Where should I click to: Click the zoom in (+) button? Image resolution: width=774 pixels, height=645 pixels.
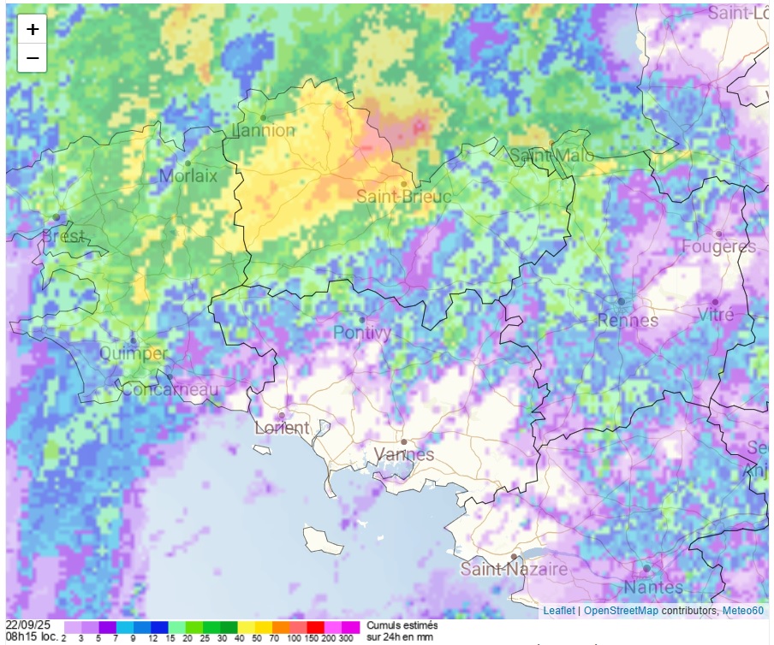[33, 29]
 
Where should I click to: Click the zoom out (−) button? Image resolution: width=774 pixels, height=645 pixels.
[33, 58]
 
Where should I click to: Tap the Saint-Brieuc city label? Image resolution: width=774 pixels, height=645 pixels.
[403, 197]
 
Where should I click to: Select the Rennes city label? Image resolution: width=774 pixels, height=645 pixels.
[628, 321]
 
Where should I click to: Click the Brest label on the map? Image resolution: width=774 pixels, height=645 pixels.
[63, 235]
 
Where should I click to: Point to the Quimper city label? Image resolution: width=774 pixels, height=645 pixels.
[134, 353]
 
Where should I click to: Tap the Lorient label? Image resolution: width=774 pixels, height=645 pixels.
[282, 428]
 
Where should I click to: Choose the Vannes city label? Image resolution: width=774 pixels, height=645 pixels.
[404, 454]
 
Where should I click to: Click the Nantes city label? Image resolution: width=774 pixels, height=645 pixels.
[653, 587]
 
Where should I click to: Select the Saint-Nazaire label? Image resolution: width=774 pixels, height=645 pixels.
[514, 569]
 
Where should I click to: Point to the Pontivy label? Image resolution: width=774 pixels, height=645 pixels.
[362, 332]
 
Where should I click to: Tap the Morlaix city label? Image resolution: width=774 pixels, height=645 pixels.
[188, 176]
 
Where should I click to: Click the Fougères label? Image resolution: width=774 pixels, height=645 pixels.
[718, 247]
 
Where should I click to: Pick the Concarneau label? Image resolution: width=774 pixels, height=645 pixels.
[170, 389]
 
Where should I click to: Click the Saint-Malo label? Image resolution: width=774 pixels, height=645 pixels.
[551, 156]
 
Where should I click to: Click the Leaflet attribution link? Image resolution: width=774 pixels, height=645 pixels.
[558, 611]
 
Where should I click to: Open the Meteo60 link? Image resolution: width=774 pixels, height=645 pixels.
[741, 611]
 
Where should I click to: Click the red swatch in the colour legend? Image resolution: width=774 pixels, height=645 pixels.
[315, 627]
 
